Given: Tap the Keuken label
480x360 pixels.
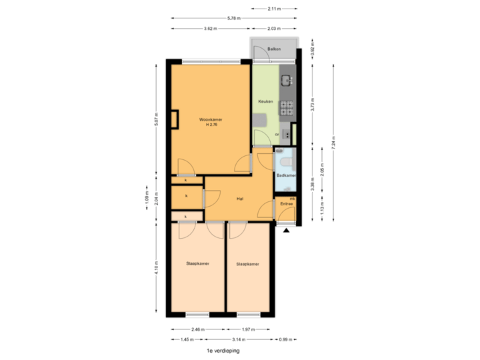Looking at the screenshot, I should coord(266,102).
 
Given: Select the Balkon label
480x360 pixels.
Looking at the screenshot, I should coord(273,50).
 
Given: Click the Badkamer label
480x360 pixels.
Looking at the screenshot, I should coord(286,175).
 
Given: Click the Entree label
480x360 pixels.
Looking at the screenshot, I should coord(286,203).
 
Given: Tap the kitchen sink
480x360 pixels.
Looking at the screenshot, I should coord(286,81).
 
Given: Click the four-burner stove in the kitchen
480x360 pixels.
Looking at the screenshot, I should coord(287,105).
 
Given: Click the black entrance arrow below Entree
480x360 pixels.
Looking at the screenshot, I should coord(286,230).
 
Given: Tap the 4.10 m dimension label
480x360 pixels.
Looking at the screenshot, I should coord(157,267).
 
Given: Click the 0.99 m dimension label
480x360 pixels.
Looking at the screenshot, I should coord(285,339).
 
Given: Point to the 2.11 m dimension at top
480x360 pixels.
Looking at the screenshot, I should coord(273,9).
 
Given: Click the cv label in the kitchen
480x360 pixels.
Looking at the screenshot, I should coord(277,134).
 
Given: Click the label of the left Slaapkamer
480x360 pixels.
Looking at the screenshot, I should coord(198,264).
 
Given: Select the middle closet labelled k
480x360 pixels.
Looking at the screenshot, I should coord(187,196).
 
